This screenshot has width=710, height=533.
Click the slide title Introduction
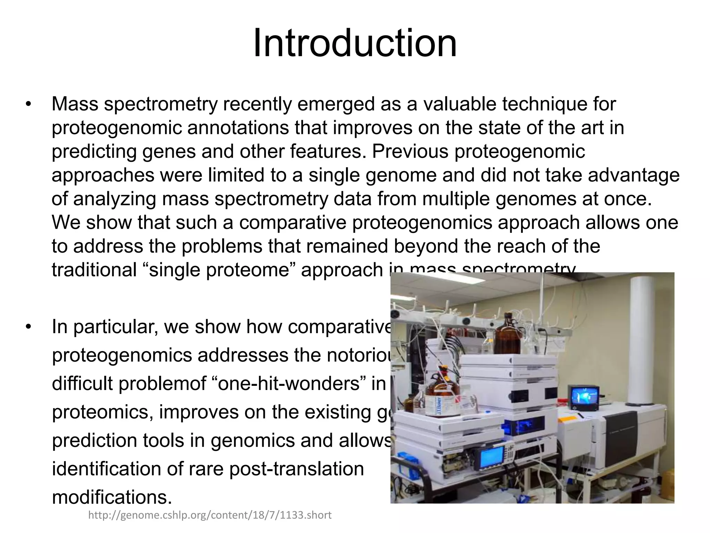click(355, 44)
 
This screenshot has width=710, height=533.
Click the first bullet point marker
click(28, 104)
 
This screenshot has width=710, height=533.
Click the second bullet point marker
click(28, 327)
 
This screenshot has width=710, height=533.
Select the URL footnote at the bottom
click(210, 515)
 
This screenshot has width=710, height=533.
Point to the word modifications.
click(112, 497)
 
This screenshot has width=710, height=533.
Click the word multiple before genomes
click(458, 199)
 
